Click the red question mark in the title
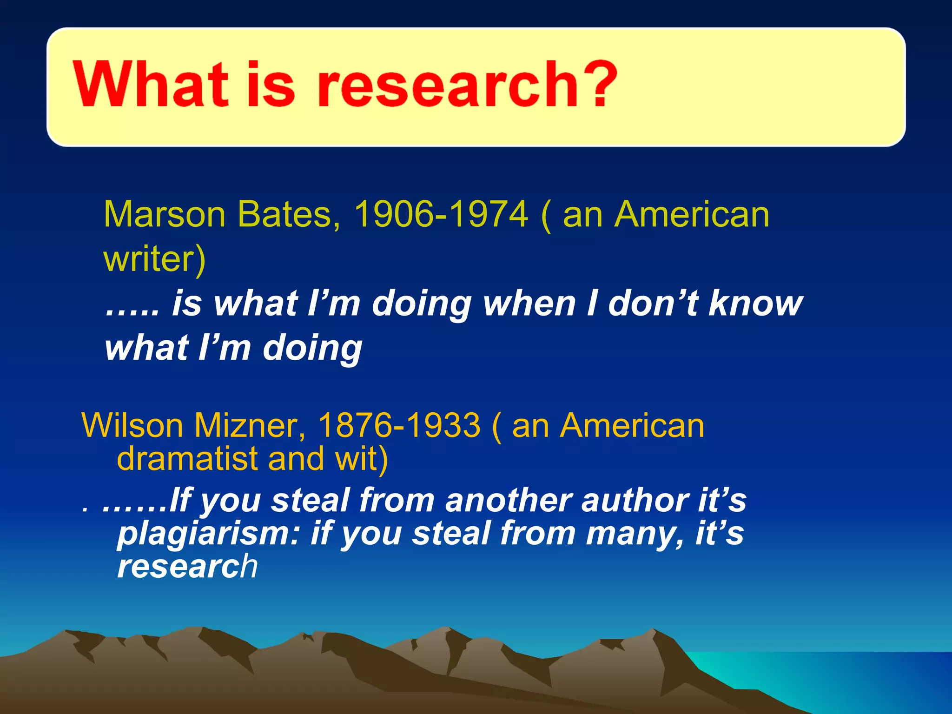[x=596, y=84]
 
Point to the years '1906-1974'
[x=441, y=214]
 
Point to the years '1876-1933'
[x=399, y=425]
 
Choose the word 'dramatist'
[x=186, y=459]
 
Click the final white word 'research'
[x=187, y=567]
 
